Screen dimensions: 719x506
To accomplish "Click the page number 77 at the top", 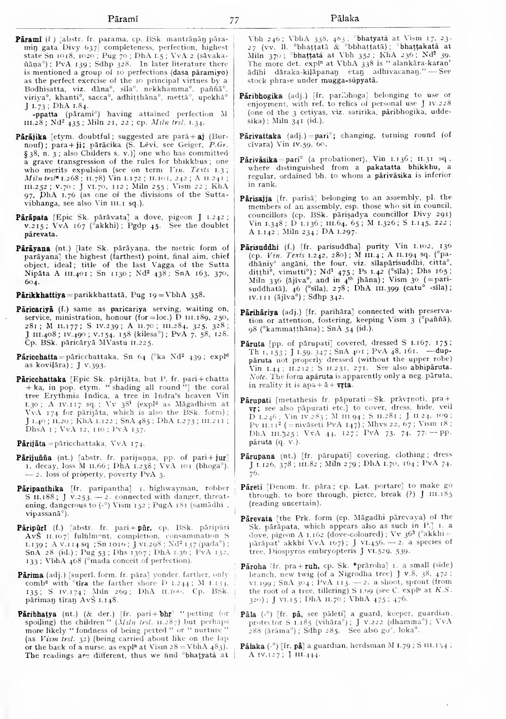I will [234, 20].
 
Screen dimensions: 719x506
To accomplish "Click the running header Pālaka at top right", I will [344, 19].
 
